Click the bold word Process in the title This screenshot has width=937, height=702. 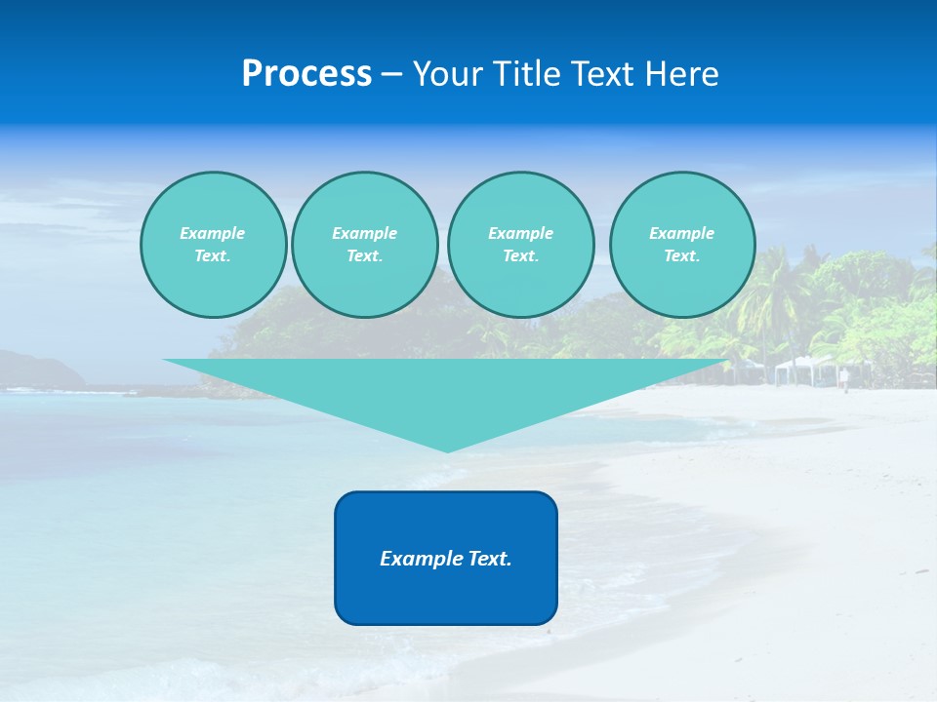[306, 74]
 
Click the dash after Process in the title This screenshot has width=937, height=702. [392, 75]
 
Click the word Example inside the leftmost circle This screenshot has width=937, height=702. [213, 233]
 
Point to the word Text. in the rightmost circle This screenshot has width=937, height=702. [682, 255]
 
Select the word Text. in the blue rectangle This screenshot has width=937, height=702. [490, 559]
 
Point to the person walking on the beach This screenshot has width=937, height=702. [844, 379]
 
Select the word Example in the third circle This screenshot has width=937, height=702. [520, 233]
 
